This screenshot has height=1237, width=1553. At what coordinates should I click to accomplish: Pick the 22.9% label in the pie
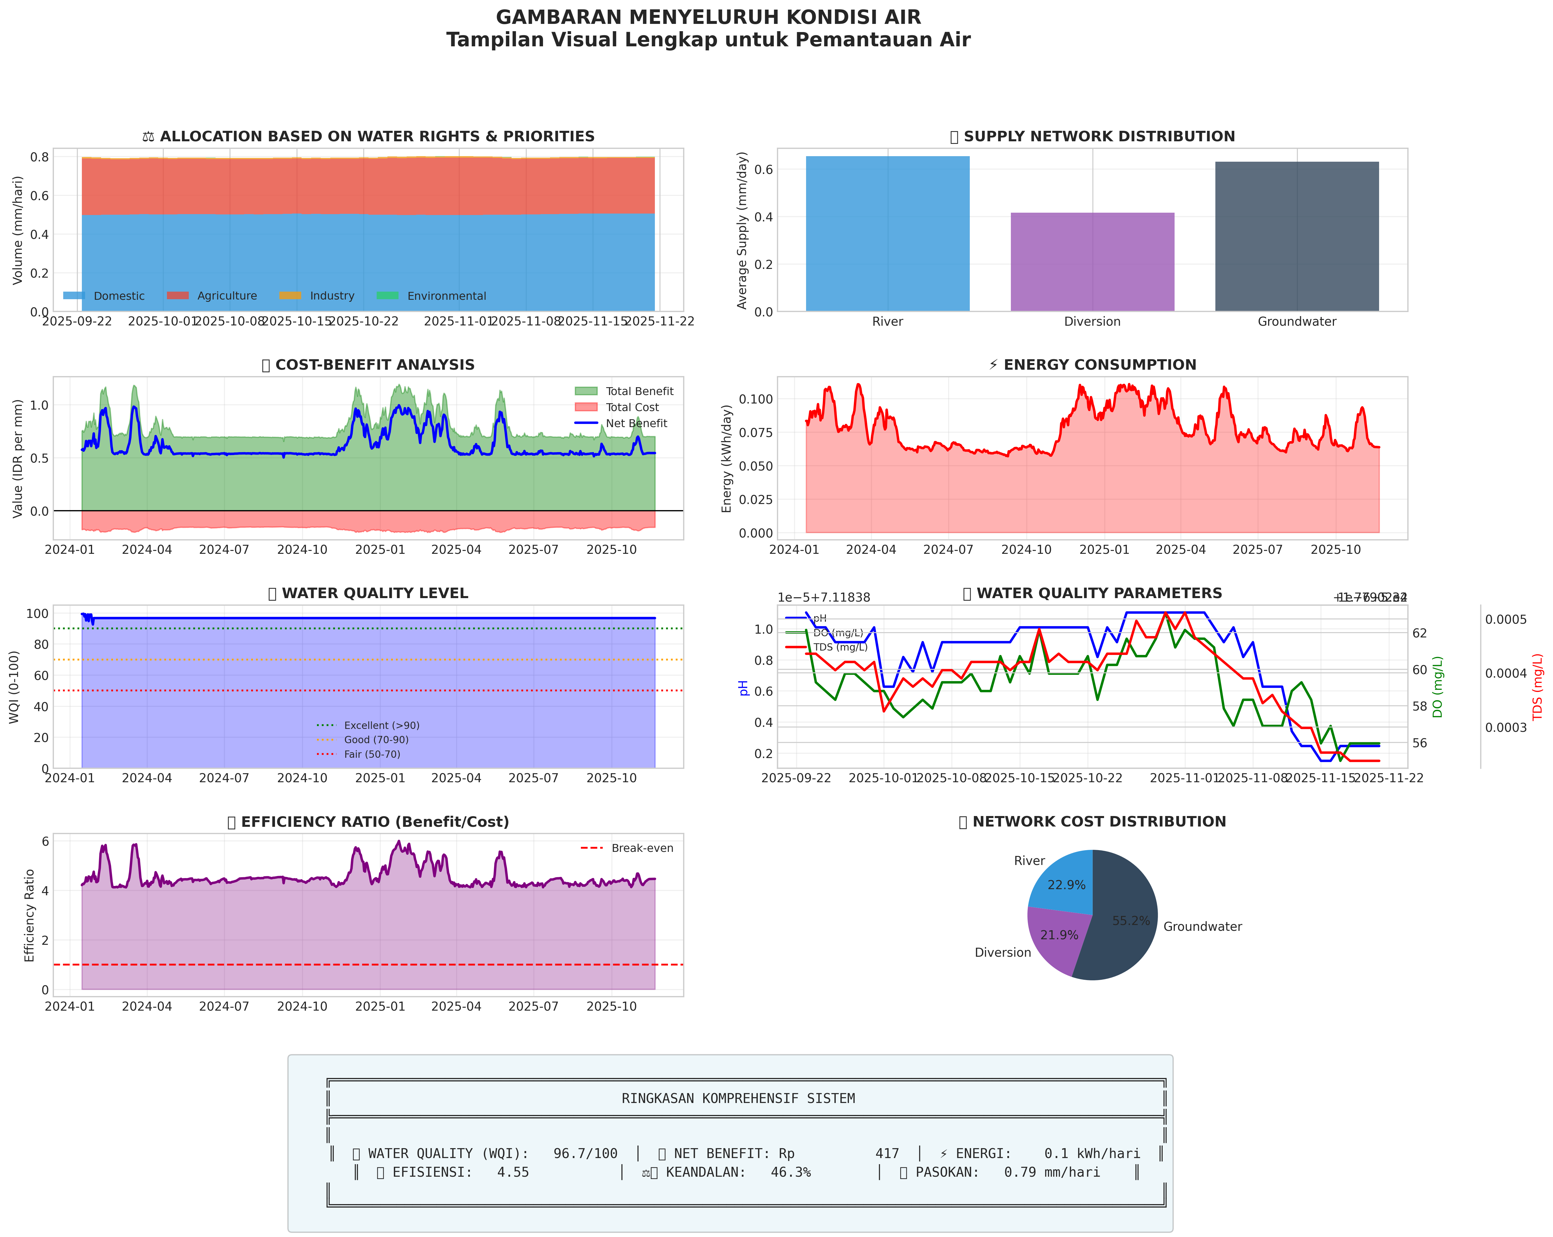[x=1066, y=885]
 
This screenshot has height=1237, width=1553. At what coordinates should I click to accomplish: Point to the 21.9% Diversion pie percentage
[x=1059, y=935]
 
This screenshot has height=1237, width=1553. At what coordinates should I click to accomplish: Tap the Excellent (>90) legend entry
[x=381, y=725]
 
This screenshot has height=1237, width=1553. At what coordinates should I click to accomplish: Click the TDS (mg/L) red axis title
[x=1537, y=687]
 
